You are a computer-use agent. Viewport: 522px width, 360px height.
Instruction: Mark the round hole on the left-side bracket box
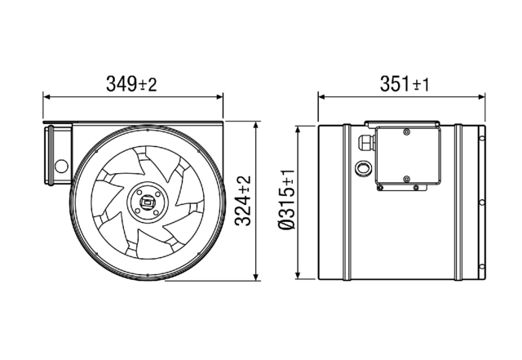pyautogui.click(x=60, y=165)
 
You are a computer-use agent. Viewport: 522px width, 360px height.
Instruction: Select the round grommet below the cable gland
pyautogui.click(x=361, y=169)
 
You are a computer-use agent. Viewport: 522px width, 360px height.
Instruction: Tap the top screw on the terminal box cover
pyautogui.click(x=405, y=131)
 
